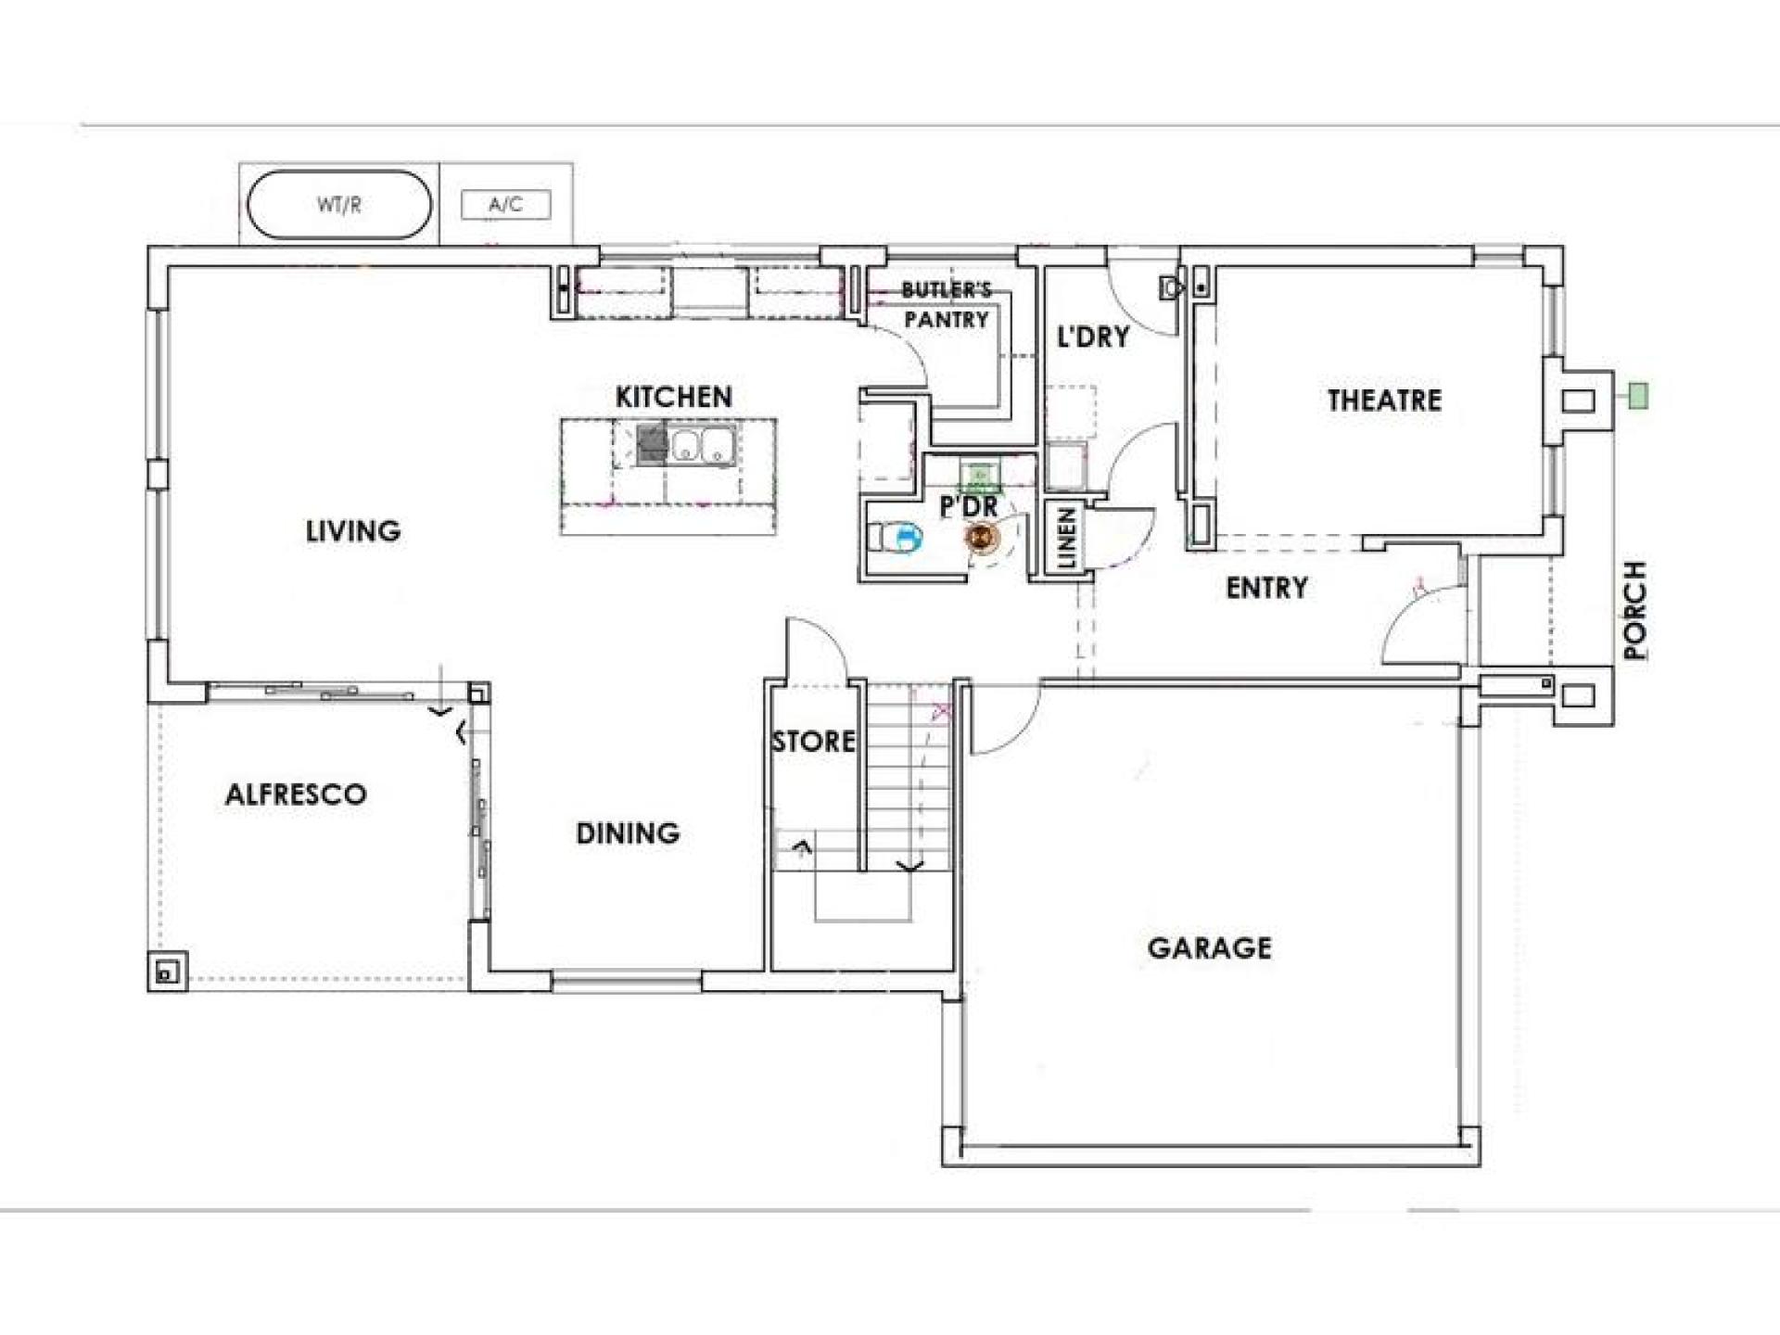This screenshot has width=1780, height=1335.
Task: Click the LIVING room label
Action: click(353, 531)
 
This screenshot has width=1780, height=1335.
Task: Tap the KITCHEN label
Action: click(674, 397)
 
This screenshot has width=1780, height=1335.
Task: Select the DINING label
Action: click(628, 833)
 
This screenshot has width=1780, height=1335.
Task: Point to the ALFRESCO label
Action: click(296, 794)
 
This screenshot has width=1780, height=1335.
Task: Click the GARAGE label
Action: click(1210, 947)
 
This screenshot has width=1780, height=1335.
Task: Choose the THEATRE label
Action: click(1384, 400)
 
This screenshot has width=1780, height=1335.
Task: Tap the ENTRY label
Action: click(1266, 587)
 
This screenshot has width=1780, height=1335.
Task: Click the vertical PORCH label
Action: click(1636, 610)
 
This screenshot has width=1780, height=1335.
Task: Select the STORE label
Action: click(814, 741)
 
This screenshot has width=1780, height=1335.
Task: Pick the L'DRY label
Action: click(1094, 337)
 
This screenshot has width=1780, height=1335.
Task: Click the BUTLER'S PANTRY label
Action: click(947, 305)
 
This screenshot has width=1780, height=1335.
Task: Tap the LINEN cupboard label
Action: click(1066, 538)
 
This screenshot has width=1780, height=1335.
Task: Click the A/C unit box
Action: click(506, 205)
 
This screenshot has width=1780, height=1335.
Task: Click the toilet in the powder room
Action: click(894, 537)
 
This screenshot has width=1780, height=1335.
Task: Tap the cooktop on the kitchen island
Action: click(653, 444)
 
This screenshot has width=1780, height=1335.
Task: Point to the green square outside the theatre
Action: click(1638, 397)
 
